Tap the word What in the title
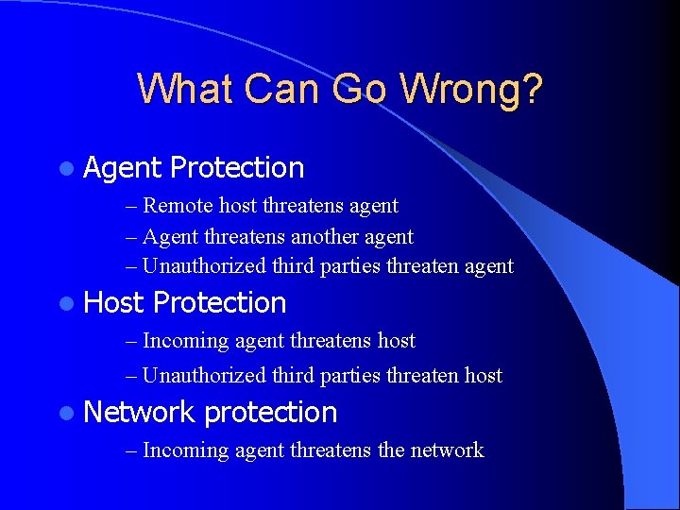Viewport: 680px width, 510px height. pos(185,89)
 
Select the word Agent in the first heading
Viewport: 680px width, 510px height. pos(122,168)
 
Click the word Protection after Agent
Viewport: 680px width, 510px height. pos(237,168)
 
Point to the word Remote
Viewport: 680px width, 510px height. pos(177,206)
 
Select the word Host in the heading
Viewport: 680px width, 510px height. pos(113,303)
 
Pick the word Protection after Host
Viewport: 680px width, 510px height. pos(219,303)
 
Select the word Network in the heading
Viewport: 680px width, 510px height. pos(139,413)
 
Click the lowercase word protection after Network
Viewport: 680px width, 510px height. pos(270,413)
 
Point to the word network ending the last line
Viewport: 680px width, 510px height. pos(447,450)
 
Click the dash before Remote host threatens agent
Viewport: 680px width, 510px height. pos(131,206)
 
